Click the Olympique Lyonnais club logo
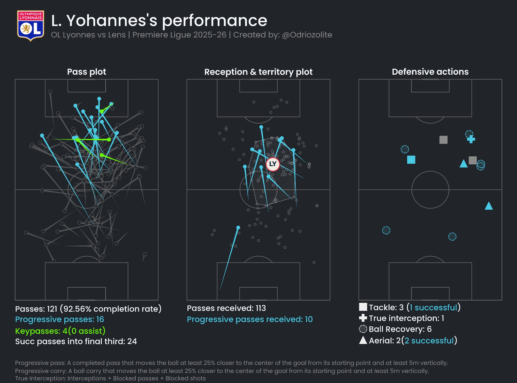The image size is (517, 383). click(31, 26)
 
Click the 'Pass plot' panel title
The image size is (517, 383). click(87, 72)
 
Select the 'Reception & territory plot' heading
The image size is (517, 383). click(258, 72)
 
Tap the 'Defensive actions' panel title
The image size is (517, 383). click(430, 72)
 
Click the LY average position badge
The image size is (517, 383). click(273, 164)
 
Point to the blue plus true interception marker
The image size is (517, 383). click(471, 139)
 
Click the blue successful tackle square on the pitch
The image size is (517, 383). click(411, 160)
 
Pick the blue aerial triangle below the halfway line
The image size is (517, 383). click(489, 206)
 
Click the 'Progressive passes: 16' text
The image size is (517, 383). click(59, 319)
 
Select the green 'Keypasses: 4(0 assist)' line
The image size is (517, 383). click(60, 331)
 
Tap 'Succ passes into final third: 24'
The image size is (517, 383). click(76, 341)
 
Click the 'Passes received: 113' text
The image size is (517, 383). click(226, 308)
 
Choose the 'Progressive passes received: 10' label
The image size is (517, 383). click(250, 319)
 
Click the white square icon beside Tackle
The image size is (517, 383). click(363, 307)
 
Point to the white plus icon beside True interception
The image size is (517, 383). click(363, 318)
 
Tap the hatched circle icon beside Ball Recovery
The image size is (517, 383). click(363, 329)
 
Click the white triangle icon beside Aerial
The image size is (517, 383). click(363, 340)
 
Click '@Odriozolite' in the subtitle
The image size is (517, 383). click(307, 35)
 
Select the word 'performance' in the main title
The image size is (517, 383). click(215, 21)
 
